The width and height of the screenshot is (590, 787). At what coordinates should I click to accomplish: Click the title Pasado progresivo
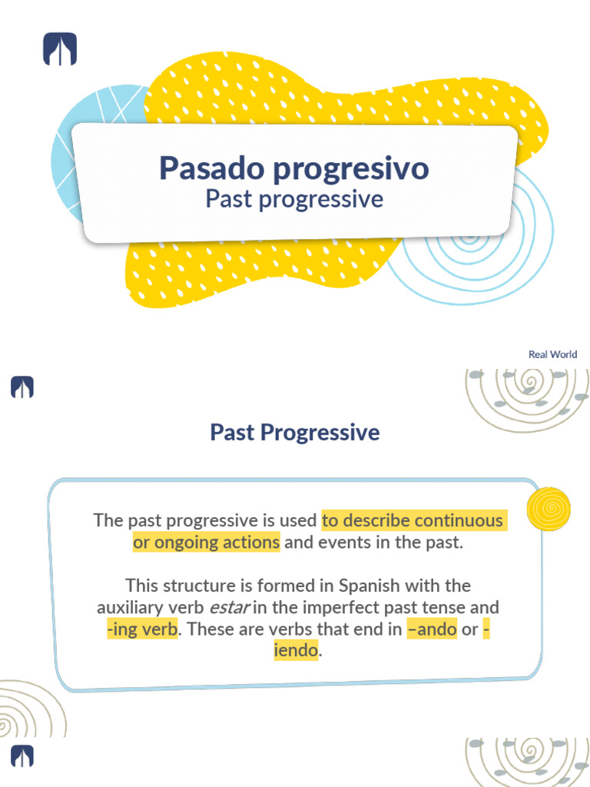pos(293,168)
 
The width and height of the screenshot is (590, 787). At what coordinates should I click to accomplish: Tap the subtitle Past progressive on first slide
pos(293,199)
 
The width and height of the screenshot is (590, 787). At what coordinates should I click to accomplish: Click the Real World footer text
pos(552,354)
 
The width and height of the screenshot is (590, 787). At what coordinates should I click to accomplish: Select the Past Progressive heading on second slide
pos(294,432)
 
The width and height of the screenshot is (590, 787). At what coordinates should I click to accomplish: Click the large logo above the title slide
pos(60,49)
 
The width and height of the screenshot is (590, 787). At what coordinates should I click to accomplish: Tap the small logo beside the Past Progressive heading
pos(22,387)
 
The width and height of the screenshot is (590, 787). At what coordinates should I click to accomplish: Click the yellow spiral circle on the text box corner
pos(549,508)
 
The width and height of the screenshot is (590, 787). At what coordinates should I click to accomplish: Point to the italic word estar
pos(231,607)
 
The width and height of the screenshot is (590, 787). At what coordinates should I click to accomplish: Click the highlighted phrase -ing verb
pos(143,629)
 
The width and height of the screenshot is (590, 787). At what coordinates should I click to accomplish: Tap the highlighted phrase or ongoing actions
pos(206,542)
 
